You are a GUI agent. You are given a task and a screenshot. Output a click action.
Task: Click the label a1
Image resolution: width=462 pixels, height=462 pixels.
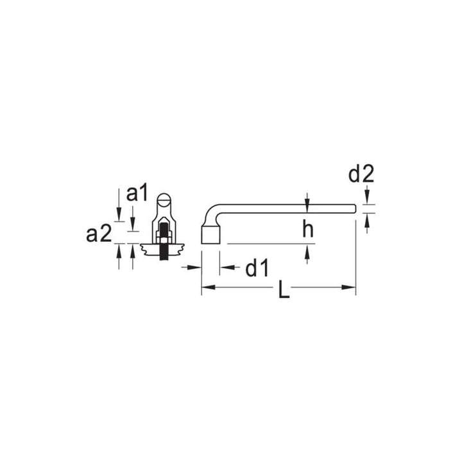click(137, 194)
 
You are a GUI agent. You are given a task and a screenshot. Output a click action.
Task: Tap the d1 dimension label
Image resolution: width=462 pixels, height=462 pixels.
click(256, 269)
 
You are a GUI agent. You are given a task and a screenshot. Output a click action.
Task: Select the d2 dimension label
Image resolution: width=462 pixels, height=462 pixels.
click(361, 173)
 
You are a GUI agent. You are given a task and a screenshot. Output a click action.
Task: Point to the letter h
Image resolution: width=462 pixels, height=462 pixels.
click(308, 230)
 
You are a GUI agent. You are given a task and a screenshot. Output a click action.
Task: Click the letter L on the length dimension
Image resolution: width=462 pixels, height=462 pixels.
click(284, 291)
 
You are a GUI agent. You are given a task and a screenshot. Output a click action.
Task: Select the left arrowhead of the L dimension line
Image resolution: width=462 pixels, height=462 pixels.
click(206, 287)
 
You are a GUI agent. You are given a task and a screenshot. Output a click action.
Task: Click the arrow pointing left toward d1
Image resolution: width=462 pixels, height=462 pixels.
click(225, 267)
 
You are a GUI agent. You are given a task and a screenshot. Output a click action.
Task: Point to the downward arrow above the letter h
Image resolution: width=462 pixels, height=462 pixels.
click(308, 202)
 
